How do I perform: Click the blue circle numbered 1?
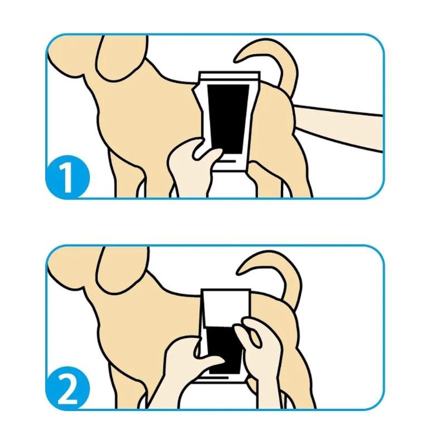click(68, 176)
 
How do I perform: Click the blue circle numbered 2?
click(68, 388)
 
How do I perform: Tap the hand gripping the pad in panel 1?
click(192, 166)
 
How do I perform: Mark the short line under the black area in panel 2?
click(216, 377)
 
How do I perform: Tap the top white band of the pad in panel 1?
click(230, 75)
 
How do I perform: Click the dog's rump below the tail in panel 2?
click(275, 322)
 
